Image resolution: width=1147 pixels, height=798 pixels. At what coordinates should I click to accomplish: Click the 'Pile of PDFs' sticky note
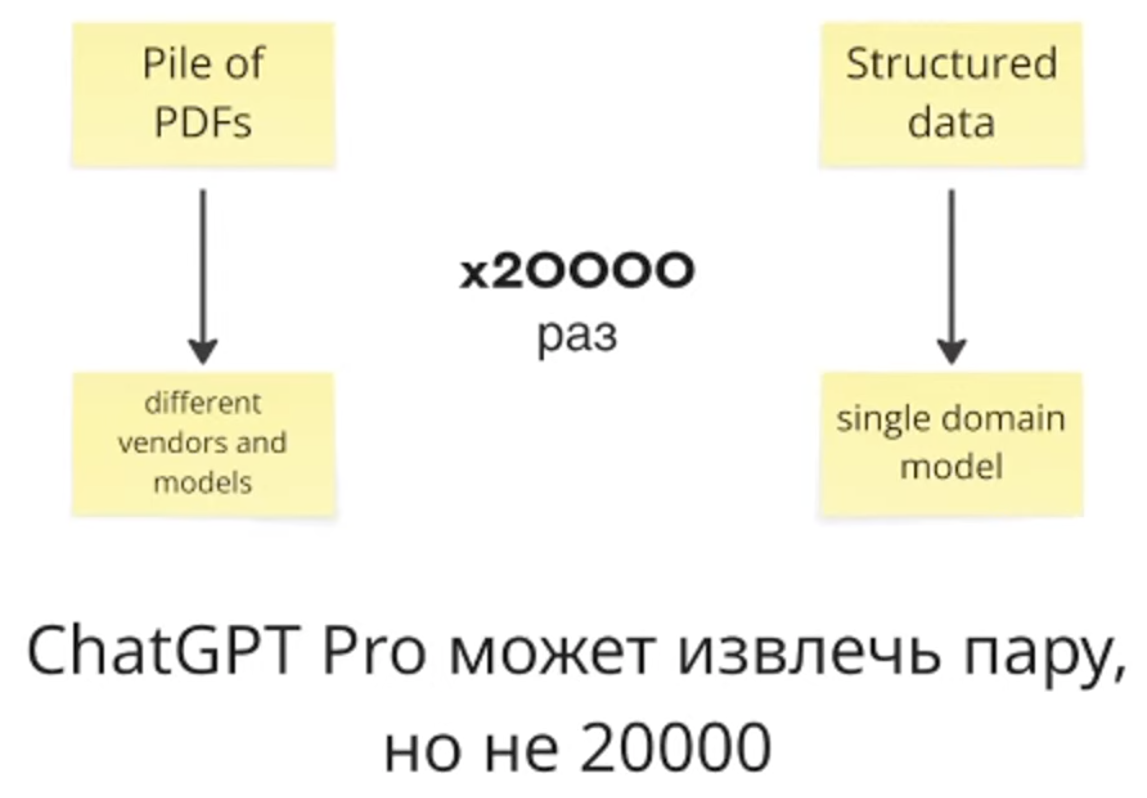pyautogui.click(x=203, y=94)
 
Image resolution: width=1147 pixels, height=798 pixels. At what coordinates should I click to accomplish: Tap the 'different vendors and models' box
pyautogui.click(x=203, y=444)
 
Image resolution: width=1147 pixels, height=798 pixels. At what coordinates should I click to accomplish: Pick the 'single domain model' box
pyautogui.click(x=951, y=444)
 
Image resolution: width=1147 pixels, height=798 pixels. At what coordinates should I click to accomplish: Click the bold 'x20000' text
pyautogui.click(x=577, y=271)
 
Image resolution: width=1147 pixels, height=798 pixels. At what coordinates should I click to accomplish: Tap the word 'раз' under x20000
pyautogui.click(x=577, y=336)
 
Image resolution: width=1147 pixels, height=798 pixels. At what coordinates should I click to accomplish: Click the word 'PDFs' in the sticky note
pyautogui.click(x=203, y=122)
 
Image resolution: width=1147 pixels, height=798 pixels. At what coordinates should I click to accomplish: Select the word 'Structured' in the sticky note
pyautogui.click(x=951, y=64)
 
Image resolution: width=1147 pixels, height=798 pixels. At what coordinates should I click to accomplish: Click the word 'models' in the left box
pyautogui.click(x=203, y=482)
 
